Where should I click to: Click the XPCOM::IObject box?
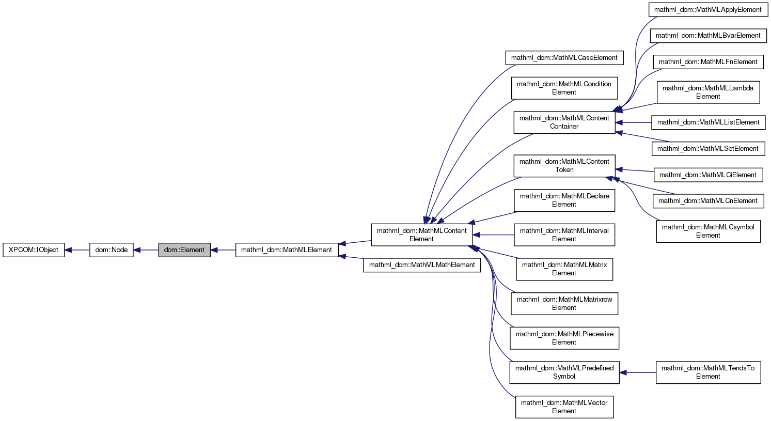(34, 250)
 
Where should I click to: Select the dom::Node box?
(111, 250)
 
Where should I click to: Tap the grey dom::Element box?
(184, 250)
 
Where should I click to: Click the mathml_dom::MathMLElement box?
(287, 250)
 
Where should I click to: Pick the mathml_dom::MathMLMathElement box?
(422, 265)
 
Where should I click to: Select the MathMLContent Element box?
(421, 235)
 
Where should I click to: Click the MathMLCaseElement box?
(564, 58)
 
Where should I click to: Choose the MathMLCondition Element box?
(564, 88)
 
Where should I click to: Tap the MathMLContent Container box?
(564, 122)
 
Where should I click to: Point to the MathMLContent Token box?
(564, 166)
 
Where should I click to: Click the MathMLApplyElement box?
(707, 10)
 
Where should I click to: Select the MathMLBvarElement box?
(707, 36)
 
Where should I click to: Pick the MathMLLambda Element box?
(707, 92)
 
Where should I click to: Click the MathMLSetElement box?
(707, 149)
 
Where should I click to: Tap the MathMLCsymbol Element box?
(707, 231)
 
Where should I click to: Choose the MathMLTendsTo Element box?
(707, 372)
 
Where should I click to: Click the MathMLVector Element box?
(564, 407)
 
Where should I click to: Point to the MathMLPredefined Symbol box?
(564, 372)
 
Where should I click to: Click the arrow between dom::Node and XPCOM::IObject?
(77, 250)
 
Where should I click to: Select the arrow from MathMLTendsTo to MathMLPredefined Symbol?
(638, 372)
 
